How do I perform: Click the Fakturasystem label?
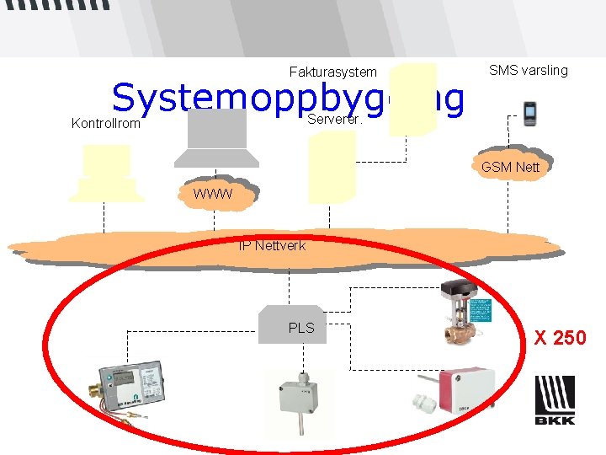click(x=332, y=72)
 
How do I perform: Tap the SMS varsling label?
click(x=528, y=70)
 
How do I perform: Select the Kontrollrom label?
click(x=106, y=124)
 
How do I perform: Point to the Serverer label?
click(x=335, y=119)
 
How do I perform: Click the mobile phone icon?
click(x=530, y=112)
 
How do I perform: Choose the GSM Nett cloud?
click(x=510, y=167)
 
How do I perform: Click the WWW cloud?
click(x=214, y=196)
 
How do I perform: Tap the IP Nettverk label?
click(x=272, y=245)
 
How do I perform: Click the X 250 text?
click(x=561, y=338)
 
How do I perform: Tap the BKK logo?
click(x=555, y=399)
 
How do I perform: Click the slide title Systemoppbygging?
click(x=286, y=99)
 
